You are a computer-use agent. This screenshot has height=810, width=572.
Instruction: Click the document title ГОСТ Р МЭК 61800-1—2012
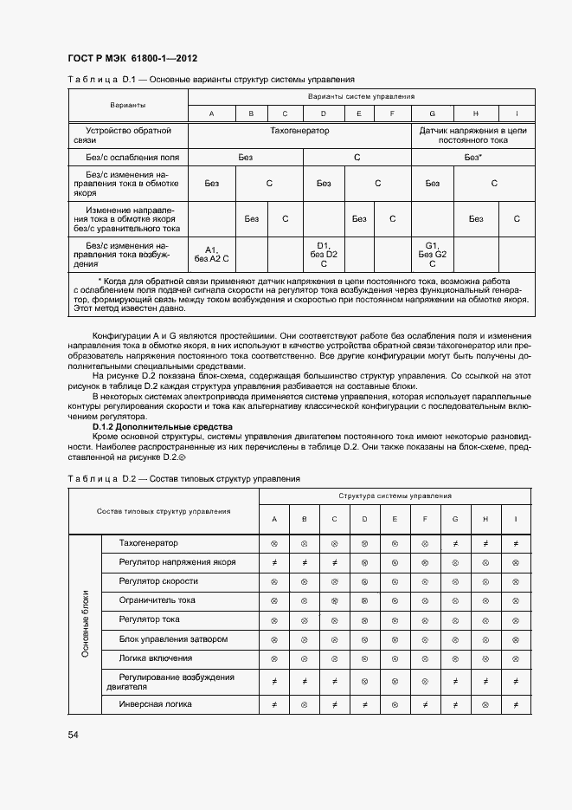pos(132,59)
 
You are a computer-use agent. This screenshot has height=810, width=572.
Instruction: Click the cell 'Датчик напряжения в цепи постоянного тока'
pos(472,134)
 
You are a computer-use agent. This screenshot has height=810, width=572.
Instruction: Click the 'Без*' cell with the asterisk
pos(472,158)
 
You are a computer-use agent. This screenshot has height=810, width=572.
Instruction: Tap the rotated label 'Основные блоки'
pos(85,624)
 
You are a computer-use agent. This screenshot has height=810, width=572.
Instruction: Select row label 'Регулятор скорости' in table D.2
pos(158,580)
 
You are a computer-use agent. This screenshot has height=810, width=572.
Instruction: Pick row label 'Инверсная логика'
pos(156,704)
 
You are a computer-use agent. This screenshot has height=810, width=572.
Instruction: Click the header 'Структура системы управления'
pos(395,496)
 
